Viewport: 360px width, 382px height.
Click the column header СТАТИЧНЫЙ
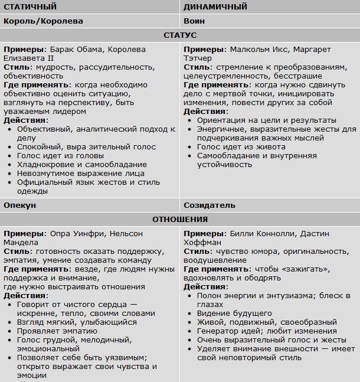(x=30, y=7)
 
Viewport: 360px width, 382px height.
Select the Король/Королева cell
(x=44, y=21)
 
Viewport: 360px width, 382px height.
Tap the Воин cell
(x=194, y=21)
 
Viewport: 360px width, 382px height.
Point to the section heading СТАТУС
(x=180, y=35)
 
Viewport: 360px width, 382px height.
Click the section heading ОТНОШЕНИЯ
(x=180, y=220)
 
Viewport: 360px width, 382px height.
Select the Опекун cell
(x=20, y=205)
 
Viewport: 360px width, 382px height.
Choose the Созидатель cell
(x=210, y=205)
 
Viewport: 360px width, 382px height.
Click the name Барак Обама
(x=74, y=50)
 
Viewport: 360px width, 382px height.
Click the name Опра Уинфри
(x=74, y=233)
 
